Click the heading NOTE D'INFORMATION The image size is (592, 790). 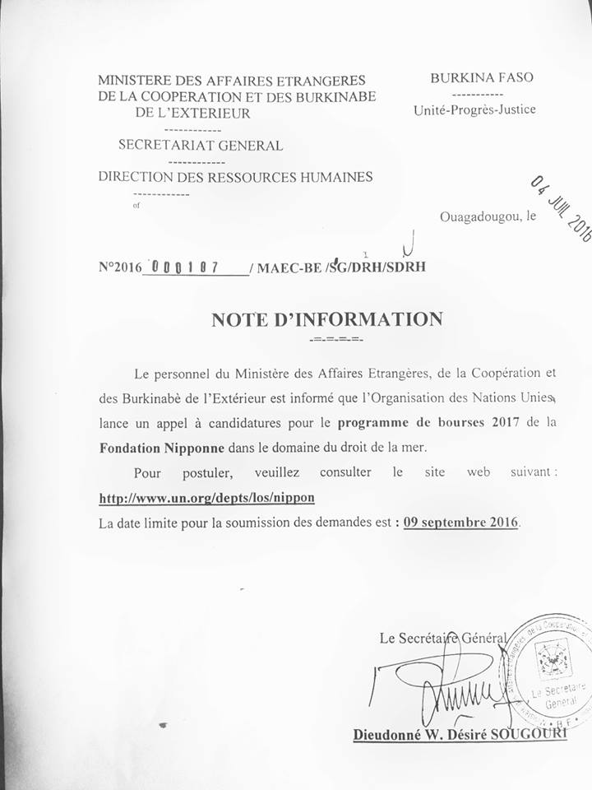pyautogui.click(x=326, y=319)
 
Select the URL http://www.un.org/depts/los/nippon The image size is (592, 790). pyautogui.click(x=206, y=498)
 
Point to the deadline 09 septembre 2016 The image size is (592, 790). pyautogui.click(x=461, y=522)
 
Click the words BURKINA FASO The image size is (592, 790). pyautogui.click(x=482, y=78)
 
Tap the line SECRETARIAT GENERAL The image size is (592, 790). pyautogui.click(x=201, y=146)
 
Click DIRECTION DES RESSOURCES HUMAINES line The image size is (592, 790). pyautogui.click(x=235, y=176)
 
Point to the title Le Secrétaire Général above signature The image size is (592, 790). pyautogui.click(x=442, y=638)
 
